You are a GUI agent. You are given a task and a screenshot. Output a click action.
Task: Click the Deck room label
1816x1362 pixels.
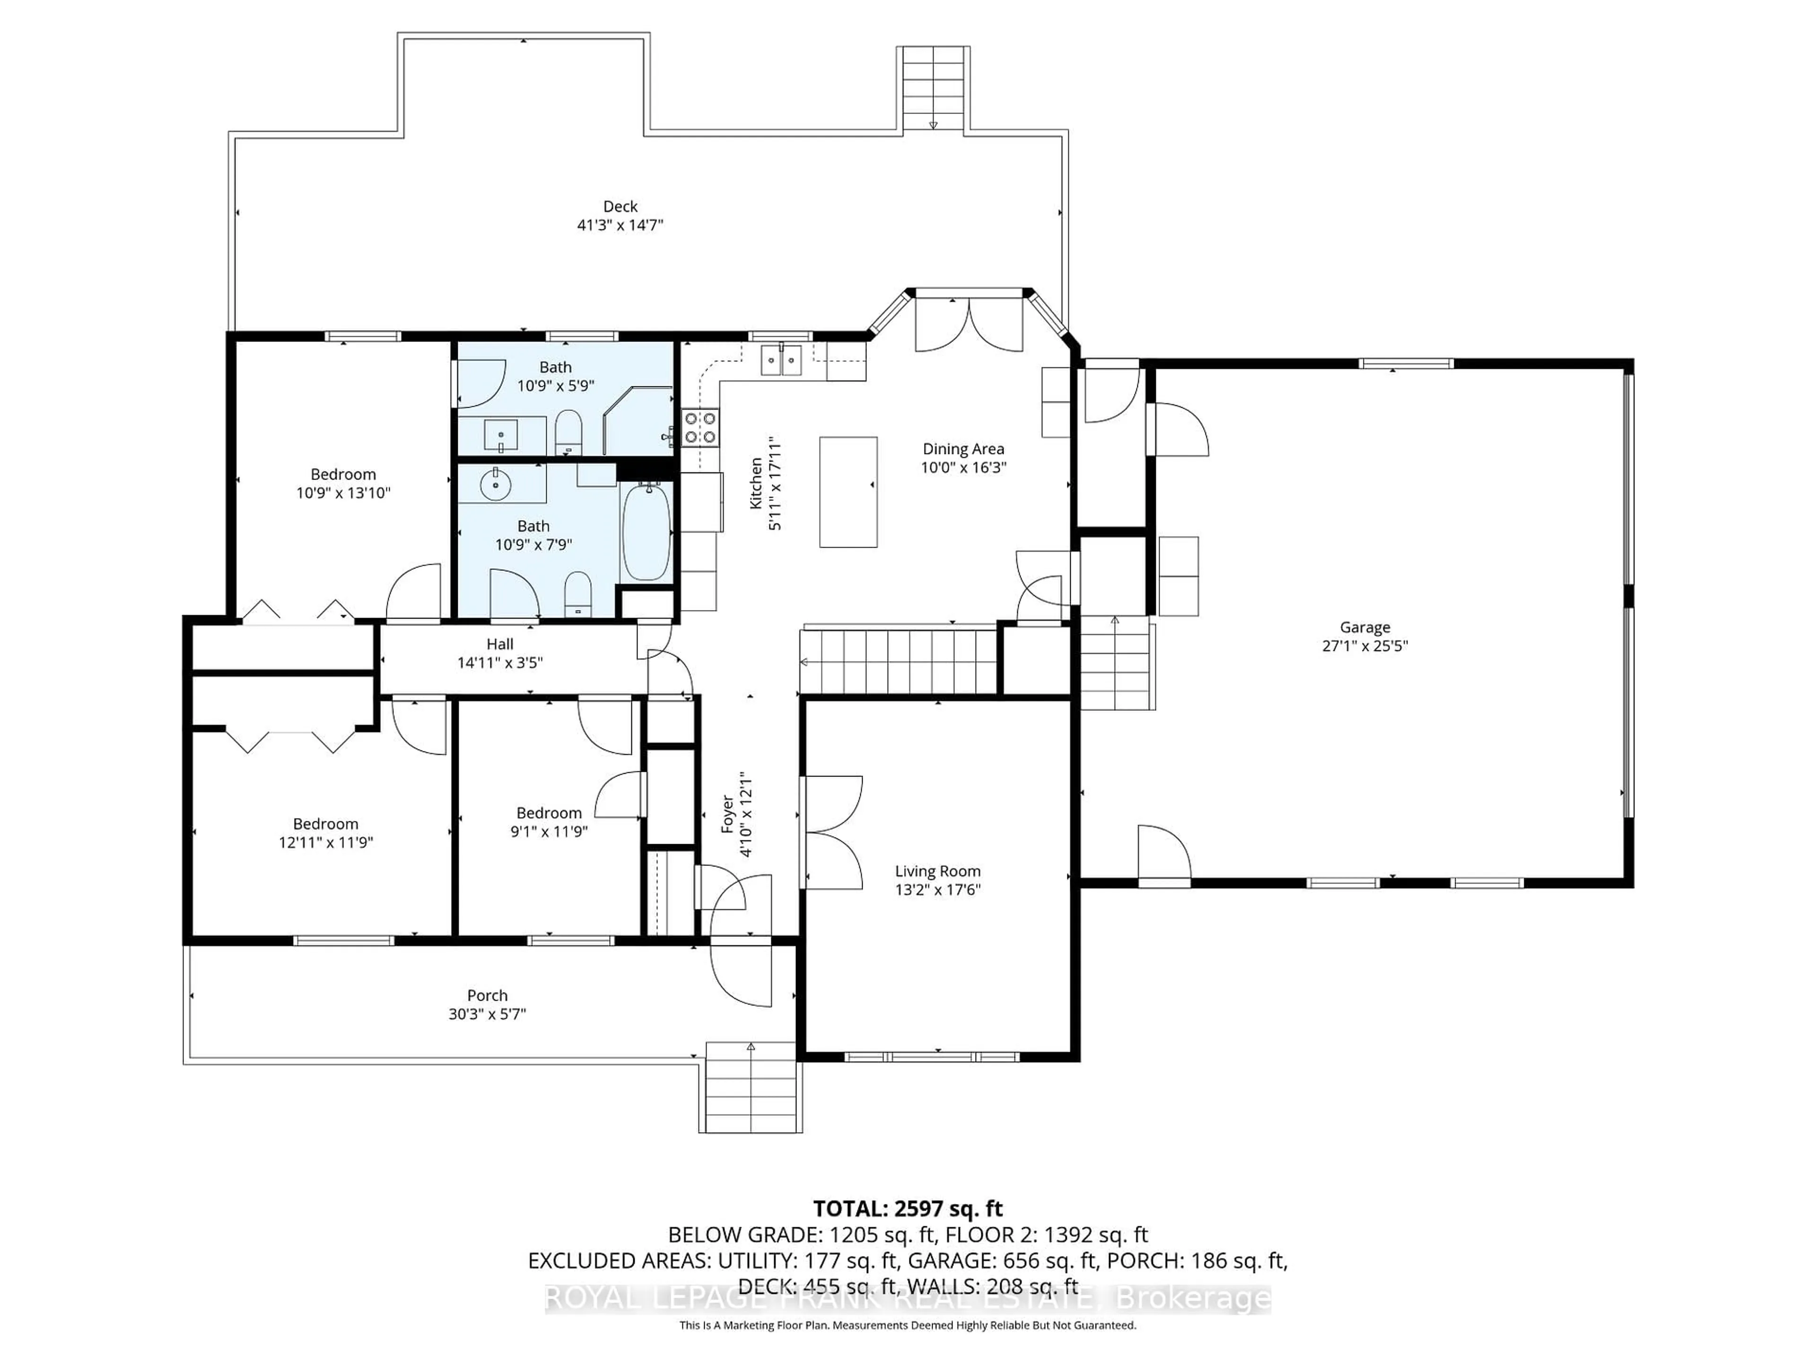pos(620,206)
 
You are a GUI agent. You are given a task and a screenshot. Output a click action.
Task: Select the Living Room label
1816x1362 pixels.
pos(937,871)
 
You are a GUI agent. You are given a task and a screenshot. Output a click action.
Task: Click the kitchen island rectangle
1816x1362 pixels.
pos(848,492)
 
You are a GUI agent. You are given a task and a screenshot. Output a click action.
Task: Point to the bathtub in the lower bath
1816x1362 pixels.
pos(647,532)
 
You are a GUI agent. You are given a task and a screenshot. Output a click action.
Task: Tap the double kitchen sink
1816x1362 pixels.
pos(781,359)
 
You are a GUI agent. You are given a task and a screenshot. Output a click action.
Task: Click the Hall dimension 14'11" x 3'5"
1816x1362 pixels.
pos(500,663)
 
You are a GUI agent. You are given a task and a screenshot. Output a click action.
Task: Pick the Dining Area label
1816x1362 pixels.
pos(963,449)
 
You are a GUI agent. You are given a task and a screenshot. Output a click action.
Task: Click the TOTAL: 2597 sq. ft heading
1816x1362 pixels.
pos(908,1208)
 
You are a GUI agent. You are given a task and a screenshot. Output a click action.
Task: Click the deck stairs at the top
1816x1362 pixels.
pos(934,88)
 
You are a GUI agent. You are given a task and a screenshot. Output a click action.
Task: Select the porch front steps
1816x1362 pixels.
pos(751,1088)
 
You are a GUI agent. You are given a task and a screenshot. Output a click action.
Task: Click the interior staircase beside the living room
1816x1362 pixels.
pos(899,662)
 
